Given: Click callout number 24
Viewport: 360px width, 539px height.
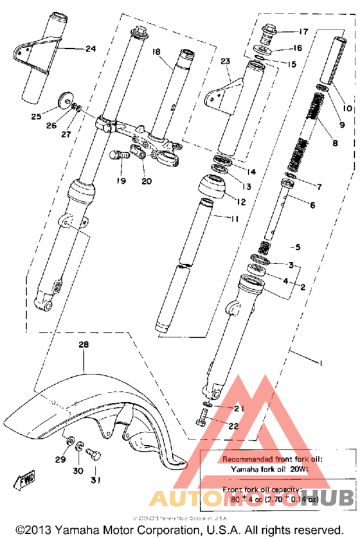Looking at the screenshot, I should tap(89, 48).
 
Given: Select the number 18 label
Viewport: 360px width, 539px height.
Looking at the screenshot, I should tap(155, 51).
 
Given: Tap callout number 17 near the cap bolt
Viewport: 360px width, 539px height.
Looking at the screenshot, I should tap(303, 31).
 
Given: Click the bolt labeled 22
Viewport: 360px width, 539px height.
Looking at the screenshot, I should tap(199, 425).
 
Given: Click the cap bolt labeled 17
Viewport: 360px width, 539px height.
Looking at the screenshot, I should tap(269, 31).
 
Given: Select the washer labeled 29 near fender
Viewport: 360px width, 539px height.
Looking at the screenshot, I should tap(67, 443).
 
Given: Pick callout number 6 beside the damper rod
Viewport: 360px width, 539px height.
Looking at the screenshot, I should tap(312, 206).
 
